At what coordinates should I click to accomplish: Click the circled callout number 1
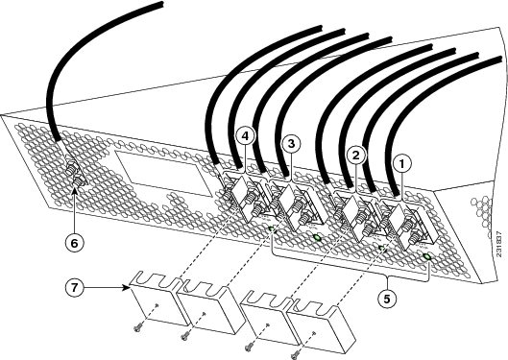(402, 164)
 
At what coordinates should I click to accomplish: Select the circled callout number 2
(356, 156)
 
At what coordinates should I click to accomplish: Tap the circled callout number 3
(291, 143)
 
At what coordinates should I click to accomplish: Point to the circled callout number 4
(246, 136)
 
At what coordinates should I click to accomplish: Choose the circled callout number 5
(387, 299)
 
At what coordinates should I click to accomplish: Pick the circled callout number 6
(74, 243)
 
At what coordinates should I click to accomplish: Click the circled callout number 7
(75, 287)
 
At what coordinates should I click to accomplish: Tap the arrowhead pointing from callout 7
(128, 287)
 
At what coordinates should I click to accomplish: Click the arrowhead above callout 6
(75, 189)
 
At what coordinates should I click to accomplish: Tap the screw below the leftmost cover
(137, 328)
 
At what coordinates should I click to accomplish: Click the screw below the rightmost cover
(295, 356)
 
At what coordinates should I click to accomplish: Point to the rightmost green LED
(427, 257)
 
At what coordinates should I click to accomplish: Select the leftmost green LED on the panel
(272, 229)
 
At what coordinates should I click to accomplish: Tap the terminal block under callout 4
(245, 197)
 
